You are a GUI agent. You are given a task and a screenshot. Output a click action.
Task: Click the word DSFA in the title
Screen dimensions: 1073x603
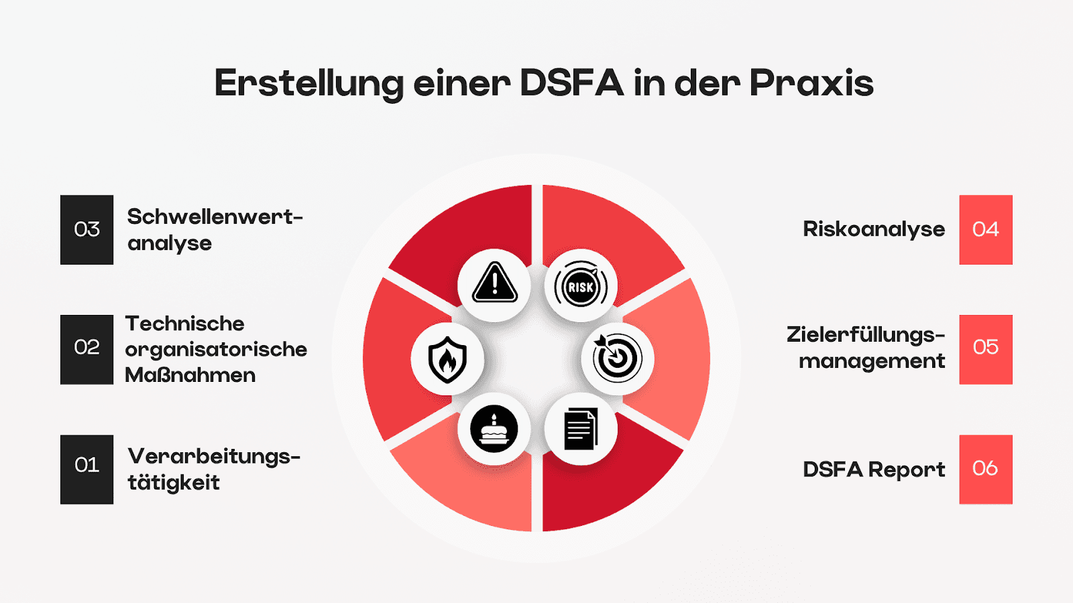click(x=571, y=83)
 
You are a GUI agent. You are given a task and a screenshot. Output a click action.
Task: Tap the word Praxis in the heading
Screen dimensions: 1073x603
click(x=811, y=83)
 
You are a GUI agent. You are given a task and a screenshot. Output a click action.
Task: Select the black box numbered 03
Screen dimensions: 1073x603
click(x=87, y=230)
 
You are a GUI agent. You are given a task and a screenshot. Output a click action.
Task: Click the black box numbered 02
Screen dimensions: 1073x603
click(x=87, y=349)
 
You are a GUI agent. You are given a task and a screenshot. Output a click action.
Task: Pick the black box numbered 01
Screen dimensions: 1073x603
click(x=87, y=470)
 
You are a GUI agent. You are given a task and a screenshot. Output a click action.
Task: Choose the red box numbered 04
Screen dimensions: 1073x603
click(x=986, y=230)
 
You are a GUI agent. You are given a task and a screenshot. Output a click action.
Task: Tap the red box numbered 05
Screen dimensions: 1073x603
click(x=986, y=349)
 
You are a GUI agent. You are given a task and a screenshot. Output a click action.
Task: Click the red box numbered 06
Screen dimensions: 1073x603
click(x=986, y=470)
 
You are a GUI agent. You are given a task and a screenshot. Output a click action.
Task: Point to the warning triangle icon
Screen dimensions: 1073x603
click(x=494, y=283)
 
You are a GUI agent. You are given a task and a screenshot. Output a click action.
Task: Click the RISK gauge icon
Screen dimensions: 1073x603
click(x=581, y=287)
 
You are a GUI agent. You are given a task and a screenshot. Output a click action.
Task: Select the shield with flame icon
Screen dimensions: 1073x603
click(x=447, y=359)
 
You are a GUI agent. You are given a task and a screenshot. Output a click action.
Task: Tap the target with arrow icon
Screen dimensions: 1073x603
click(x=617, y=358)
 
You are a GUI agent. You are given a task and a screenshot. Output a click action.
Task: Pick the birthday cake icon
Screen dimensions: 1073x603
click(x=494, y=429)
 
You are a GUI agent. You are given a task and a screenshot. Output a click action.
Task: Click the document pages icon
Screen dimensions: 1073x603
click(x=581, y=429)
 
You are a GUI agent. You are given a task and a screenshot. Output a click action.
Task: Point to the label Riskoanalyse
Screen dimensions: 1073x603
click(x=874, y=230)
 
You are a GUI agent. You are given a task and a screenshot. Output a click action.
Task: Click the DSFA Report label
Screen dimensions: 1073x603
click(x=874, y=470)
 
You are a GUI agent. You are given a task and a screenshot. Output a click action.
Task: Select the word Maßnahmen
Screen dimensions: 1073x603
click(x=190, y=375)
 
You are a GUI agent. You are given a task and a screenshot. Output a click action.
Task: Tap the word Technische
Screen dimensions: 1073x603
click(x=185, y=324)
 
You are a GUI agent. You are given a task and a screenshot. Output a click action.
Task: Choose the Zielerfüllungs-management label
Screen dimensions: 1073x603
click(x=866, y=348)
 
